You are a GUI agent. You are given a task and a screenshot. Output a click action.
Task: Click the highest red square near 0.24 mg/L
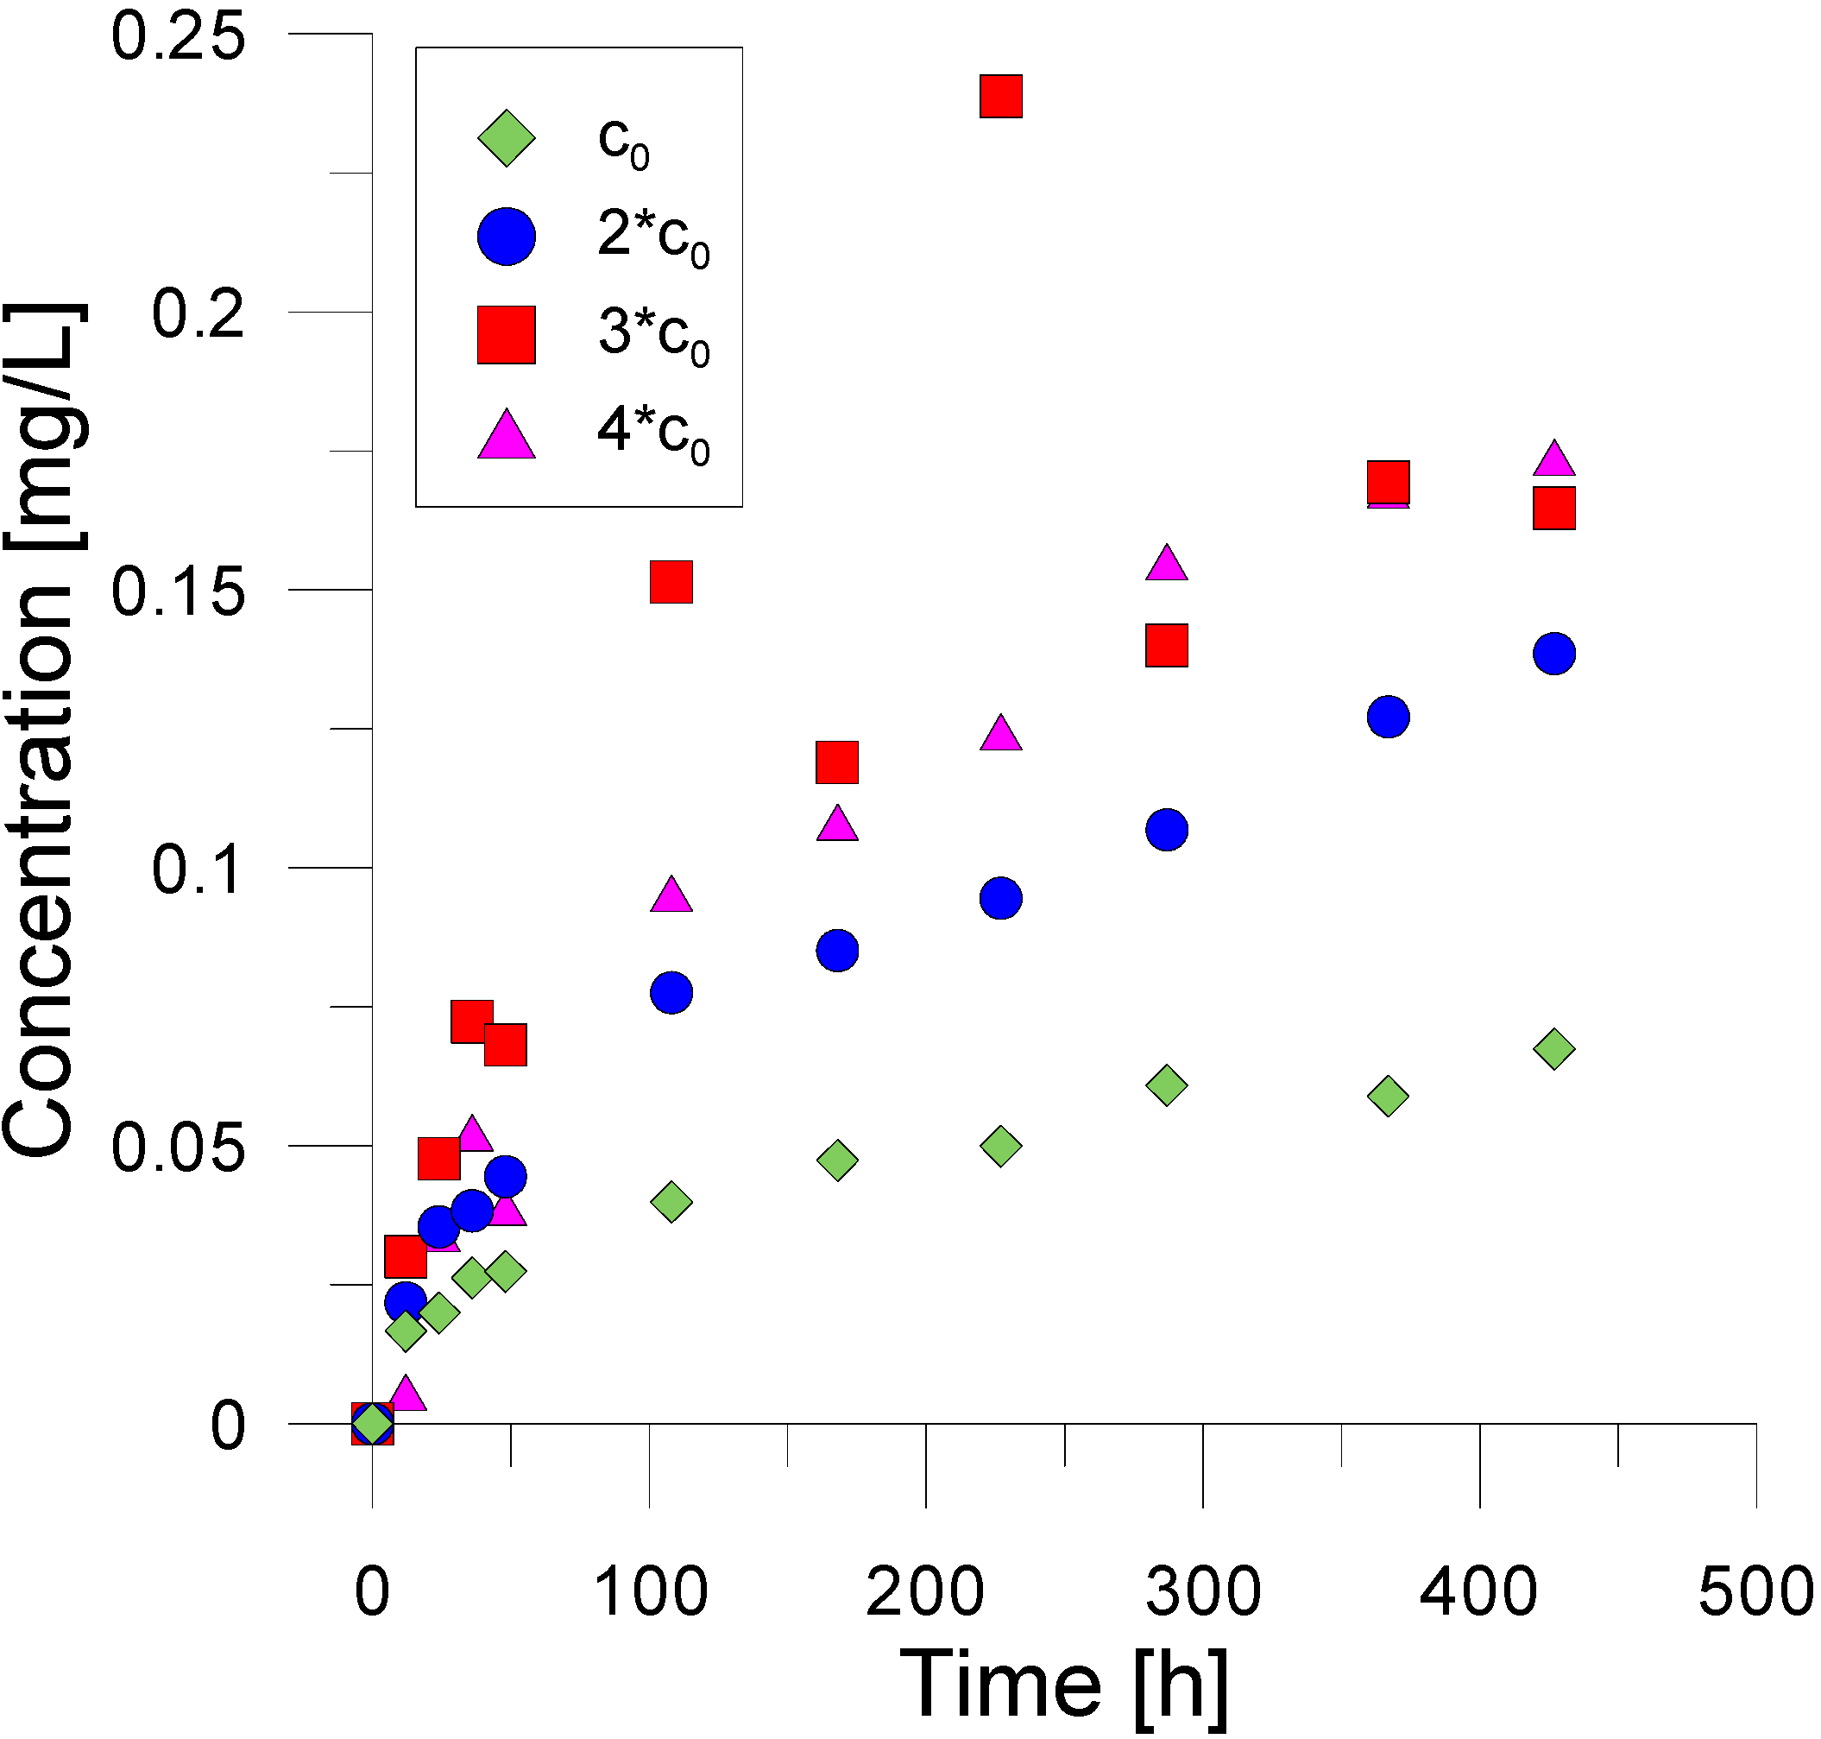(1001, 97)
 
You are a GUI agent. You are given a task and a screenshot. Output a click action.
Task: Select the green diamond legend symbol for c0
(506, 139)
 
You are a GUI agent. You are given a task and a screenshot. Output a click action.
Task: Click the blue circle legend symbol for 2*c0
(506, 237)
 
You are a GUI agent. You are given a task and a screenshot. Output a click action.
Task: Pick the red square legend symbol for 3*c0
(506, 335)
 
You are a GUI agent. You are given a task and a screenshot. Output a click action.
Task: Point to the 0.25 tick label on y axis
(178, 37)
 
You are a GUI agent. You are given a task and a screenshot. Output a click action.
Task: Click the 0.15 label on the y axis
(178, 591)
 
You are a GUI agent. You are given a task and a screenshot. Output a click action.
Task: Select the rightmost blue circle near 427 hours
(1554, 654)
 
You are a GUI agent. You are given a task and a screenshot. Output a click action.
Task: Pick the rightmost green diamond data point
(1554, 1049)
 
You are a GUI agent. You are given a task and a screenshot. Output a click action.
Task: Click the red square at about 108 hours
(671, 582)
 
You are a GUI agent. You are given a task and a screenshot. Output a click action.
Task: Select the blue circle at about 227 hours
(1001, 897)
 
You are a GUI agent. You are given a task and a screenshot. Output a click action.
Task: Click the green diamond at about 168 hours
(838, 1160)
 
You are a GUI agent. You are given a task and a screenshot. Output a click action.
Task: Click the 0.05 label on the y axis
(178, 1148)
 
